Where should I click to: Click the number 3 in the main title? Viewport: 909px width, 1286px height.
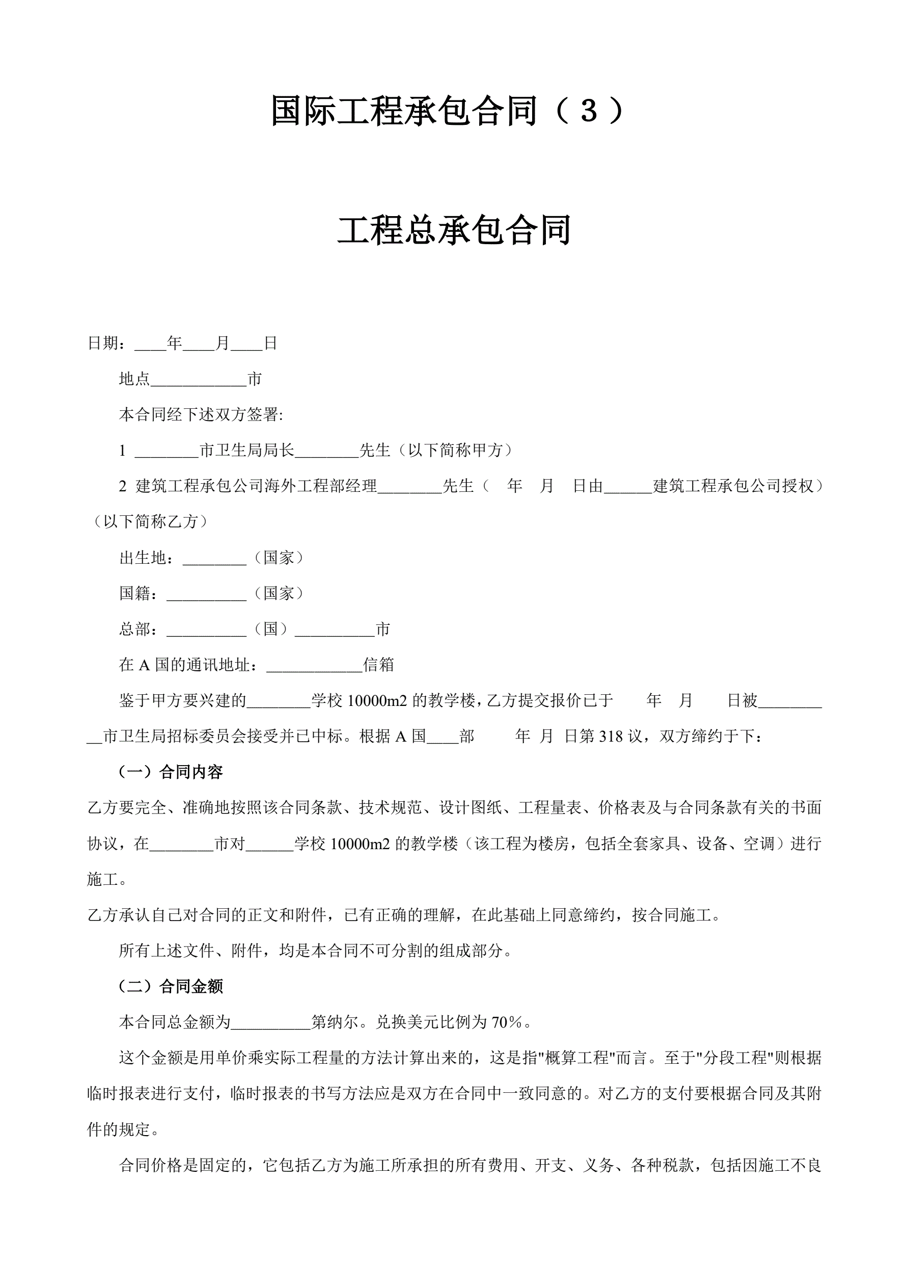tap(589, 110)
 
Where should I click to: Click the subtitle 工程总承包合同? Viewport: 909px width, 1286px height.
tap(454, 230)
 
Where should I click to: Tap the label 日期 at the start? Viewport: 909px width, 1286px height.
tap(103, 344)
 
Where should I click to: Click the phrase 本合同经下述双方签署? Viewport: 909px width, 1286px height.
tap(200, 415)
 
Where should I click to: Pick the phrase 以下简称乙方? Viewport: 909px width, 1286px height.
tap(151, 522)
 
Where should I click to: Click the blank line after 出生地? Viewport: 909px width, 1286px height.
tap(214, 559)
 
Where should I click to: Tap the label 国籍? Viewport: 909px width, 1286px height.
tap(135, 594)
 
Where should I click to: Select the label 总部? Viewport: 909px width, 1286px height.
tap(135, 629)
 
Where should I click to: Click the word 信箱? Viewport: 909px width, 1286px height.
tap(379, 665)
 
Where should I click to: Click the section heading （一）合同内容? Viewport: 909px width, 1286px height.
tap(171, 772)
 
